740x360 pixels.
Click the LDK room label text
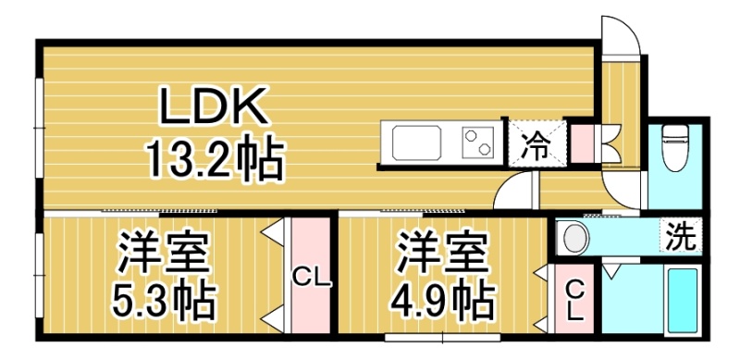click(x=212, y=106)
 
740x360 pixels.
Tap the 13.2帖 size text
click(x=216, y=159)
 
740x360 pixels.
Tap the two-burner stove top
click(x=477, y=143)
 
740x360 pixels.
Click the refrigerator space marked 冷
click(x=536, y=143)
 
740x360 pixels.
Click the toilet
click(x=675, y=146)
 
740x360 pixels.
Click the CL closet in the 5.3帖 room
click(x=310, y=276)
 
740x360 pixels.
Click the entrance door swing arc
click(x=629, y=28)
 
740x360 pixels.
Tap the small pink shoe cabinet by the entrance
click(x=582, y=143)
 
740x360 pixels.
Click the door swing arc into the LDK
click(x=507, y=186)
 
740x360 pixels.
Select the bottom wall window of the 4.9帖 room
click(x=442, y=337)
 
